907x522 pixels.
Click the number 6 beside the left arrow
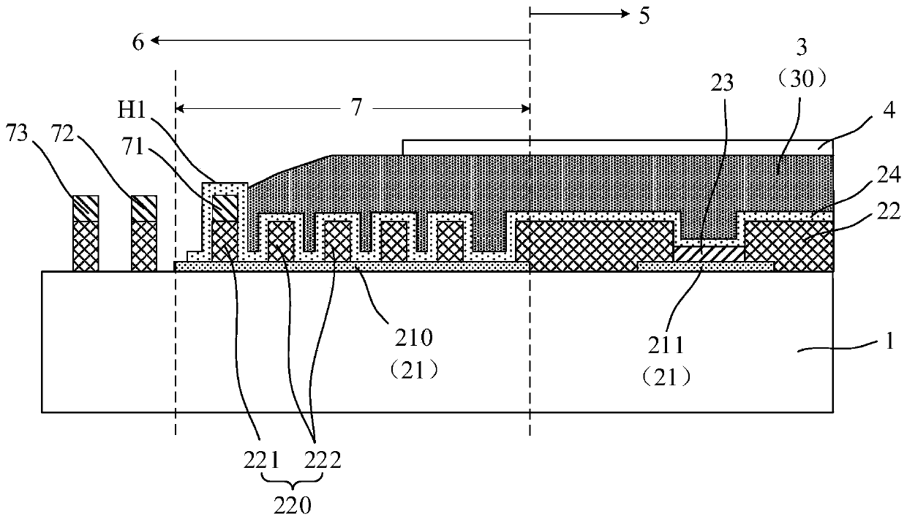138,42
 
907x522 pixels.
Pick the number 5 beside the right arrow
643,15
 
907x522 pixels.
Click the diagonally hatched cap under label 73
85,209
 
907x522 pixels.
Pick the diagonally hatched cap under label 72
143,209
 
